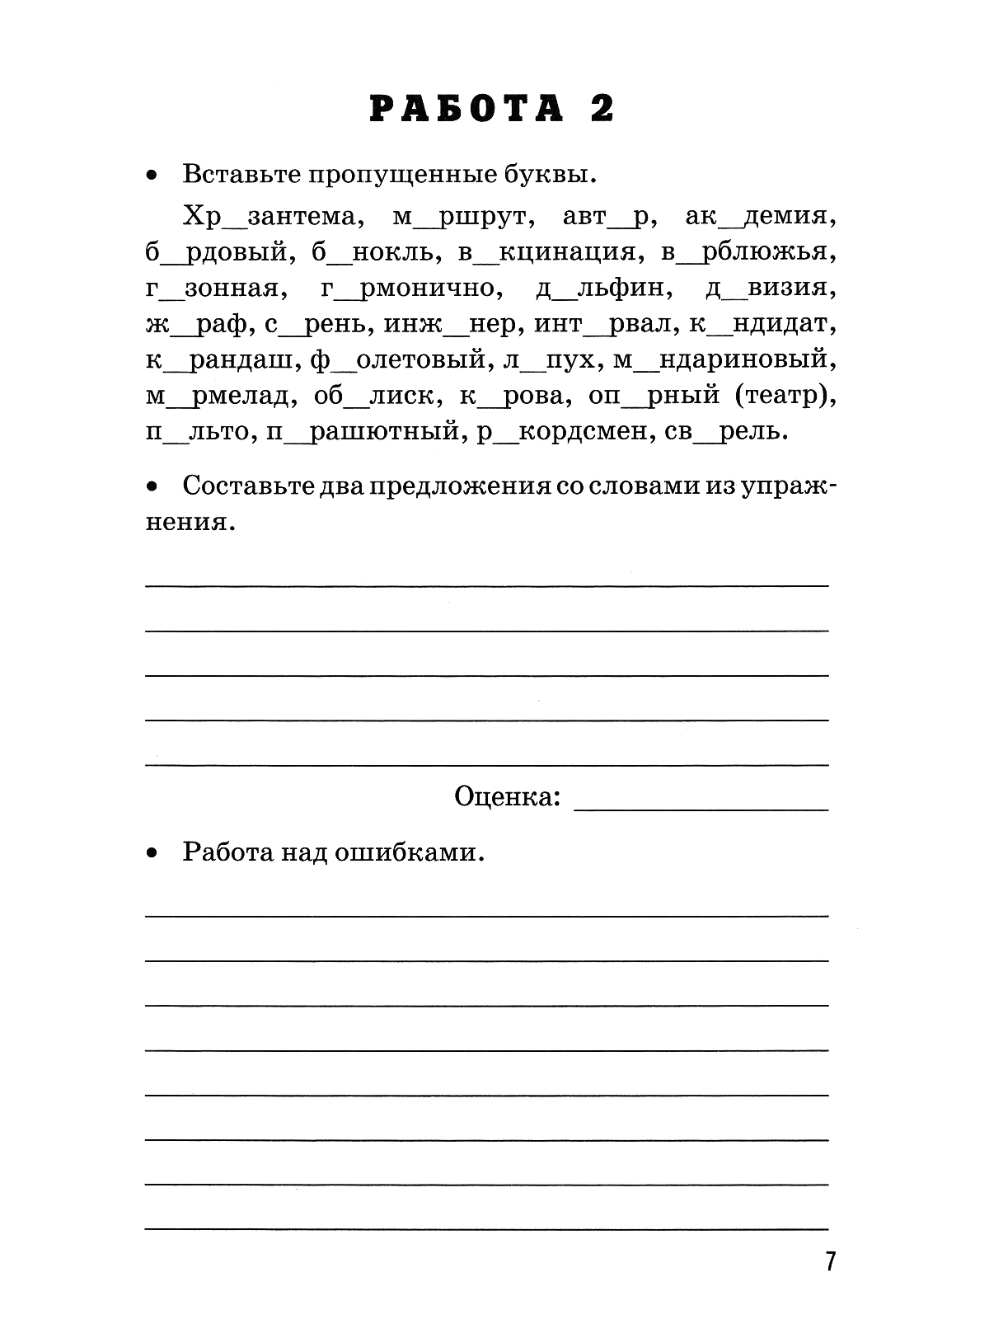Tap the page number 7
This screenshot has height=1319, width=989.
(829, 1261)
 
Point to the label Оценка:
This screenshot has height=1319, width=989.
(508, 796)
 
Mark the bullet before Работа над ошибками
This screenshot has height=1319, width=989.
(151, 854)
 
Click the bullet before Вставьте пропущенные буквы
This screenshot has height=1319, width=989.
(151, 176)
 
